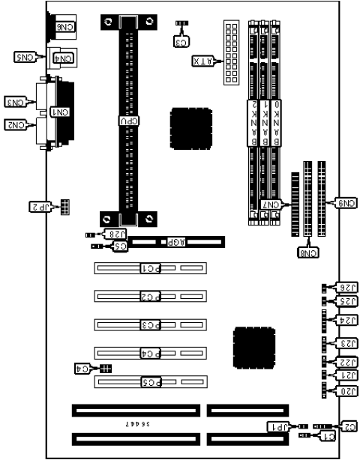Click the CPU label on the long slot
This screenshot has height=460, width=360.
[x=129, y=119]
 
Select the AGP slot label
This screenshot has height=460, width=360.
[x=175, y=243]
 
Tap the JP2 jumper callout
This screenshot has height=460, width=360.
[x=38, y=205]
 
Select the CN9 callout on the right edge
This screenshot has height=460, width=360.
[x=347, y=202]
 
